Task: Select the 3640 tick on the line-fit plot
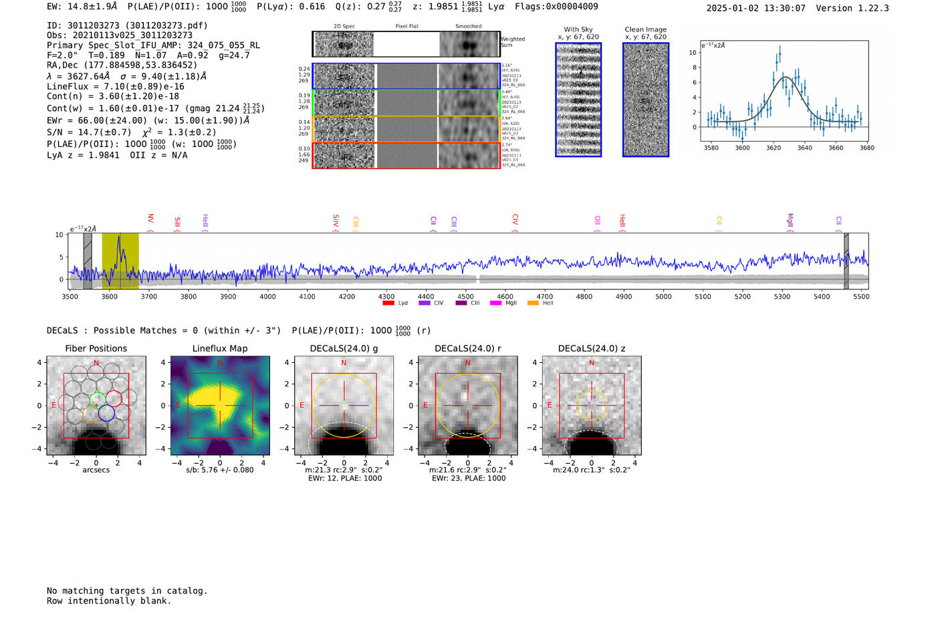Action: [804, 148]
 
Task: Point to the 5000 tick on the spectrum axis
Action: [663, 296]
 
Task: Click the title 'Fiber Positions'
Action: [96, 348]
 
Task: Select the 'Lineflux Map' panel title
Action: [220, 348]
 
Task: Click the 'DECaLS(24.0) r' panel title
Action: [467, 348]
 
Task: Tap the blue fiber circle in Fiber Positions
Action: [106, 413]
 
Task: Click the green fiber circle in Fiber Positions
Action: [98, 400]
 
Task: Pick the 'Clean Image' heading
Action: [645, 29]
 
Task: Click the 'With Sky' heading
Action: [578, 29]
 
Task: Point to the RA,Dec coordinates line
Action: [122, 65]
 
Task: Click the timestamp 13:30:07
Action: [787, 8]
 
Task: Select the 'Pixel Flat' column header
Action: [406, 26]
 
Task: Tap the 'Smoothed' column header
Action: [468, 26]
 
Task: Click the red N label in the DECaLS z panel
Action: [592, 363]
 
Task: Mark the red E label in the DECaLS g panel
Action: [302, 406]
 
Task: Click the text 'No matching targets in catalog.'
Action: [127, 590]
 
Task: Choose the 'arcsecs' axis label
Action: [96, 470]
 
